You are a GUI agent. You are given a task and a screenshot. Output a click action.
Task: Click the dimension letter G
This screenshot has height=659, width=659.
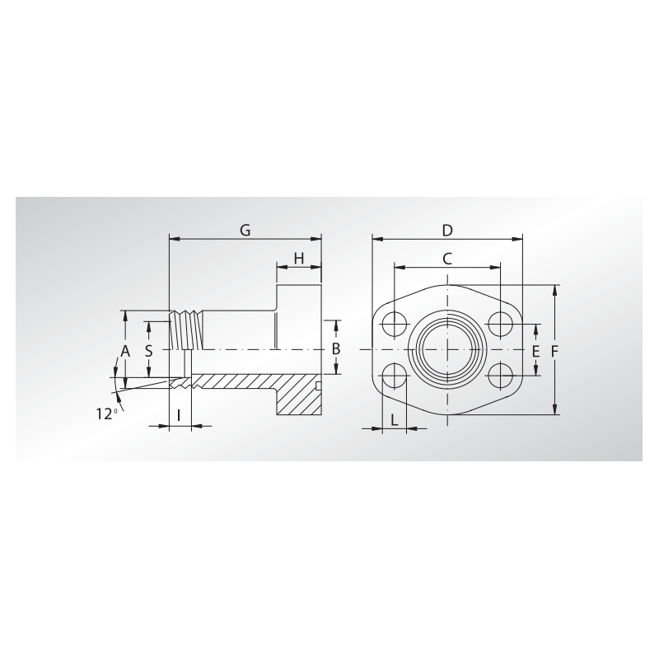(x=245, y=230)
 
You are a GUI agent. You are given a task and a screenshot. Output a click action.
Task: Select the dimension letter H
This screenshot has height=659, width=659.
(x=298, y=259)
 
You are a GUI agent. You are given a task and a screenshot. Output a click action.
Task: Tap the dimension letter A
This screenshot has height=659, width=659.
(x=125, y=351)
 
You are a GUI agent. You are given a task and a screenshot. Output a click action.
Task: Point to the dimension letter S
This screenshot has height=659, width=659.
(x=148, y=350)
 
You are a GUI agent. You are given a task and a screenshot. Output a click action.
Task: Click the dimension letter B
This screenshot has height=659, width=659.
(x=335, y=349)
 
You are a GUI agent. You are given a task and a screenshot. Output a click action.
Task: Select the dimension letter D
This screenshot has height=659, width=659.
(x=447, y=229)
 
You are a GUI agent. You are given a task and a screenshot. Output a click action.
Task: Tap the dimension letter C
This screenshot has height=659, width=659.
(x=447, y=258)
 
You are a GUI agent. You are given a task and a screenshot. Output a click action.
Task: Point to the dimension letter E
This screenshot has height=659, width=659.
(x=535, y=352)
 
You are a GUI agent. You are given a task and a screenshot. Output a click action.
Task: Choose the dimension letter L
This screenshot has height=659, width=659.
(x=395, y=419)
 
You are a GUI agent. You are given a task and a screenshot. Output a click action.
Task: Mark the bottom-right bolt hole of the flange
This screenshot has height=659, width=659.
(x=500, y=376)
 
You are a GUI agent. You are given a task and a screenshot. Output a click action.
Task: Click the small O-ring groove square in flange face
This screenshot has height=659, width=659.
(x=318, y=386)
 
